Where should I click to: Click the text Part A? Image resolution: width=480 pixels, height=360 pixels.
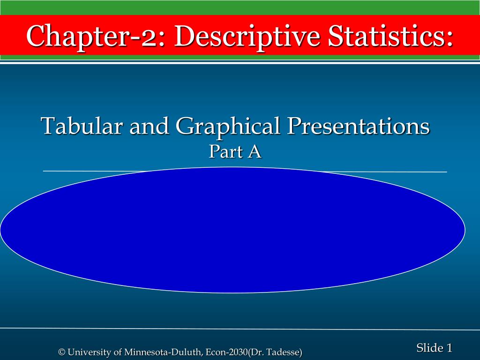[x=235, y=151]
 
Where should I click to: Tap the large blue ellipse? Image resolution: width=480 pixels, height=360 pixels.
[x=232, y=230]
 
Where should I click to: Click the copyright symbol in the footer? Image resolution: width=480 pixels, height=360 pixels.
[x=61, y=352]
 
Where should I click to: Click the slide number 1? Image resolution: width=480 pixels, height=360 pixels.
[x=449, y=347]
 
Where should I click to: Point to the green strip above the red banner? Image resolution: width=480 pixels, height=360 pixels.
[x=240, y=7]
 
